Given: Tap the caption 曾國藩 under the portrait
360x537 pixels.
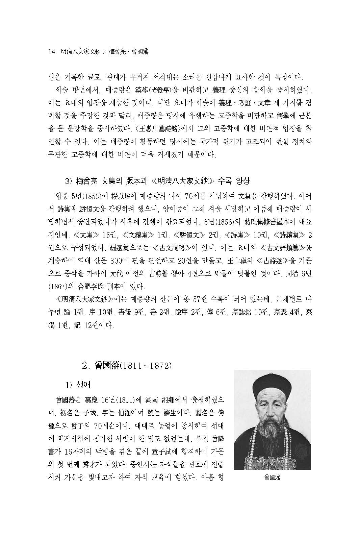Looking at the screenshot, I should [x=272, y=478].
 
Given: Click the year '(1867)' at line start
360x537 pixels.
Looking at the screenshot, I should [x=56, y=287].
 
